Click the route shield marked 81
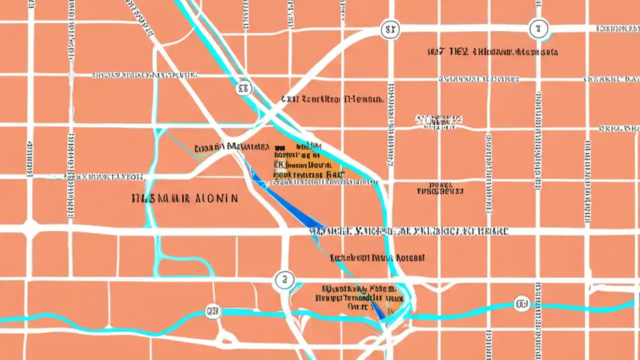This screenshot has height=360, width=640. click(x=390, y=30)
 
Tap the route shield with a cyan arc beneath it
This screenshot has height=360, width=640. click(x=538, y=29)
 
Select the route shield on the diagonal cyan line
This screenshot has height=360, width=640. click(x=243, y=89)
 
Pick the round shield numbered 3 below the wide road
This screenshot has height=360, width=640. click(x=284, y=280)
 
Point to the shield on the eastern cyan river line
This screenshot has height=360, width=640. click(x=521, y=303)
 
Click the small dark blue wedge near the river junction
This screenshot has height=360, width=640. click(x=378, y=310)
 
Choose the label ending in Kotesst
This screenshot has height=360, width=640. click(x=377, y=258)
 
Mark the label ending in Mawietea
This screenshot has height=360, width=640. click(x=231, y=147)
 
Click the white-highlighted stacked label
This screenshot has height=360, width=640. click(x=439, y=120)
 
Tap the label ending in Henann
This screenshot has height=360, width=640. click(x=332, y=99)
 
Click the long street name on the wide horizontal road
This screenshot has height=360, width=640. click(x=408, y=231)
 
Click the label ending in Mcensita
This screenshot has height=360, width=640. click(x=515, y=52)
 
